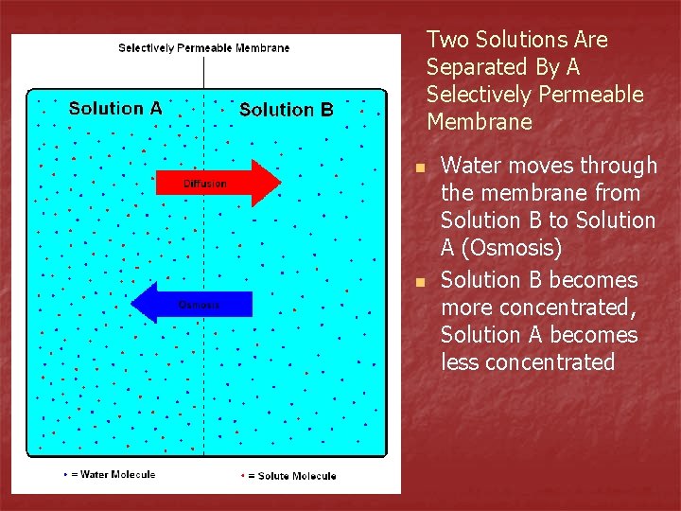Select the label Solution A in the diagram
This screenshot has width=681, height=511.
click(115, 108)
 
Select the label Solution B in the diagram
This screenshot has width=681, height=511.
click(286, 110)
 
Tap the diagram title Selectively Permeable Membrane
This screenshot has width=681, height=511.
click(203, 47)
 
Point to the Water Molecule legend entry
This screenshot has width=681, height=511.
click(109, 474)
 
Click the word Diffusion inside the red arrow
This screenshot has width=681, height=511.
click(204, 184)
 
